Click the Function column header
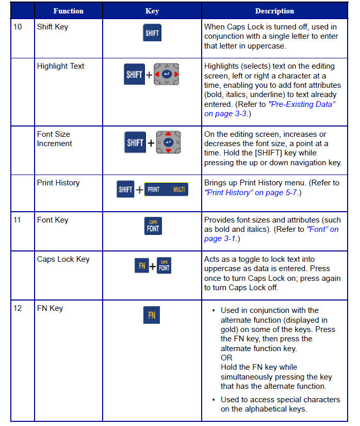(68, 11)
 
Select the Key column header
(152, 11)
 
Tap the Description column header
(274, 11)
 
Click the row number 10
(18, 27)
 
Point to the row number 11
(18, 220)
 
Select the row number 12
(18, 308)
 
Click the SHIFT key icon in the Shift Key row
(152, 33)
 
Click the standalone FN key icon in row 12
(152, 315)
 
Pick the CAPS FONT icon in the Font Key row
(153, 226)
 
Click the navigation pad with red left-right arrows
(168, 75)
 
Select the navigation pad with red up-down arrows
(168, 142)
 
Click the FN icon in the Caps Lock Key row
(141, 266)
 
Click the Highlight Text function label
(60, 66)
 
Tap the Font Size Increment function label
(54, 139)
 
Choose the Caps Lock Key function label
(63, 259)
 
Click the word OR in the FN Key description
(226, 358)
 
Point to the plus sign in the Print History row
(139, 190)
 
